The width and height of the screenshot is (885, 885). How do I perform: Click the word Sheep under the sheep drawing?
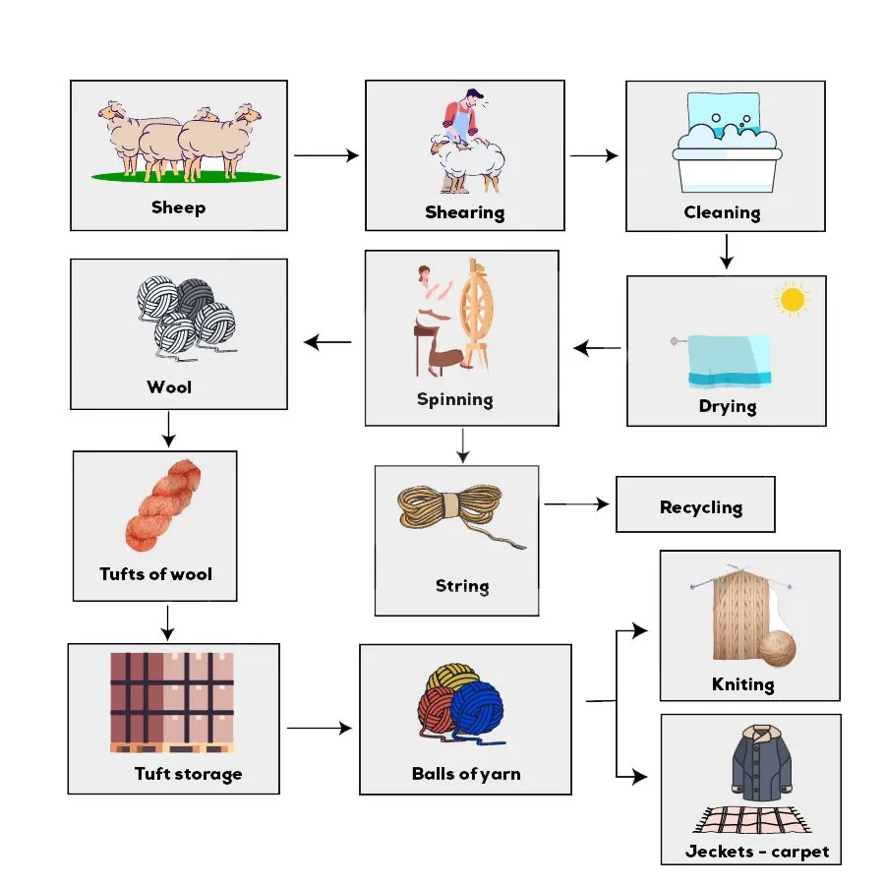point(178,207)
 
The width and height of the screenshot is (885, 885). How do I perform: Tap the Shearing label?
point(464,212)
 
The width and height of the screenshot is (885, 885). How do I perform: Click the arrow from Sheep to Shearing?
point(326,155)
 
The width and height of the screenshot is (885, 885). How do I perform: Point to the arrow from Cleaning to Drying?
point(726,252)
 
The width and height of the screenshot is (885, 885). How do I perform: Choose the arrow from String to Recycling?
point(577,504)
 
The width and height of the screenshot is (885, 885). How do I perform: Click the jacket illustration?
point(760,762)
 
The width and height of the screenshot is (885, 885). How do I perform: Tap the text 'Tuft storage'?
point(188,774)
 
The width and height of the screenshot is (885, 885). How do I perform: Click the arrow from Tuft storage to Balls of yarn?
point(319,729)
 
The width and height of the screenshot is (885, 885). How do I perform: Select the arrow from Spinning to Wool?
point(328,342)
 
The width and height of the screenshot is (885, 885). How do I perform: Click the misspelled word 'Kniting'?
point(742,684)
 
